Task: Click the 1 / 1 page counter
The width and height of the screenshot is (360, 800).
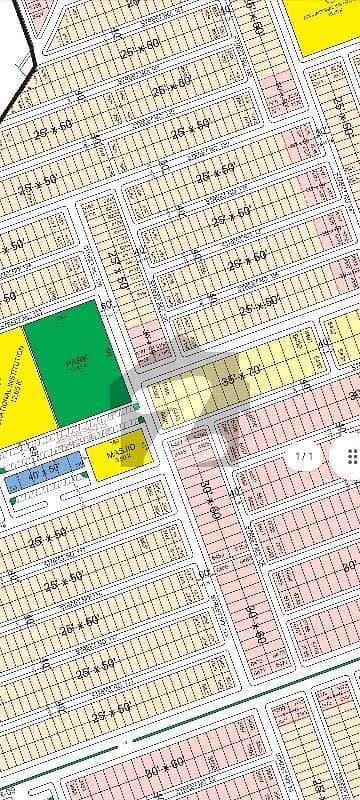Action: click(304, 457)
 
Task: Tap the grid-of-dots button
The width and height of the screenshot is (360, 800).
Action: click(350, 457)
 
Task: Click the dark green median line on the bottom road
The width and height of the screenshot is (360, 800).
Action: click(200, 715)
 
